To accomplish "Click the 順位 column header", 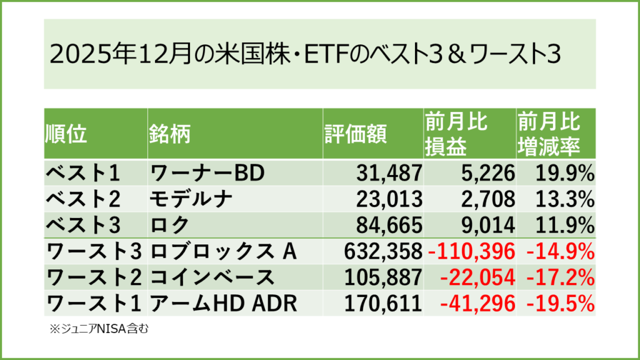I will point(66,133).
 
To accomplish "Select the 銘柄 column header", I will point(169,133).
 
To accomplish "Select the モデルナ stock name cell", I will point(191,199).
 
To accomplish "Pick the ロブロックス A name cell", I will point(222,251).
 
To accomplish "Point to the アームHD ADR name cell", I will point(222,303).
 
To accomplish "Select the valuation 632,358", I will point(383,251).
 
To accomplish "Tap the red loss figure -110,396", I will point(472,251).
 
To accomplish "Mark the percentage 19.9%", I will point(561,172).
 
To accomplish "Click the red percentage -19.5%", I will point(557,303).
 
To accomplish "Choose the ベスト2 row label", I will point(85,199).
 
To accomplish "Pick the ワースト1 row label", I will point(94,303).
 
